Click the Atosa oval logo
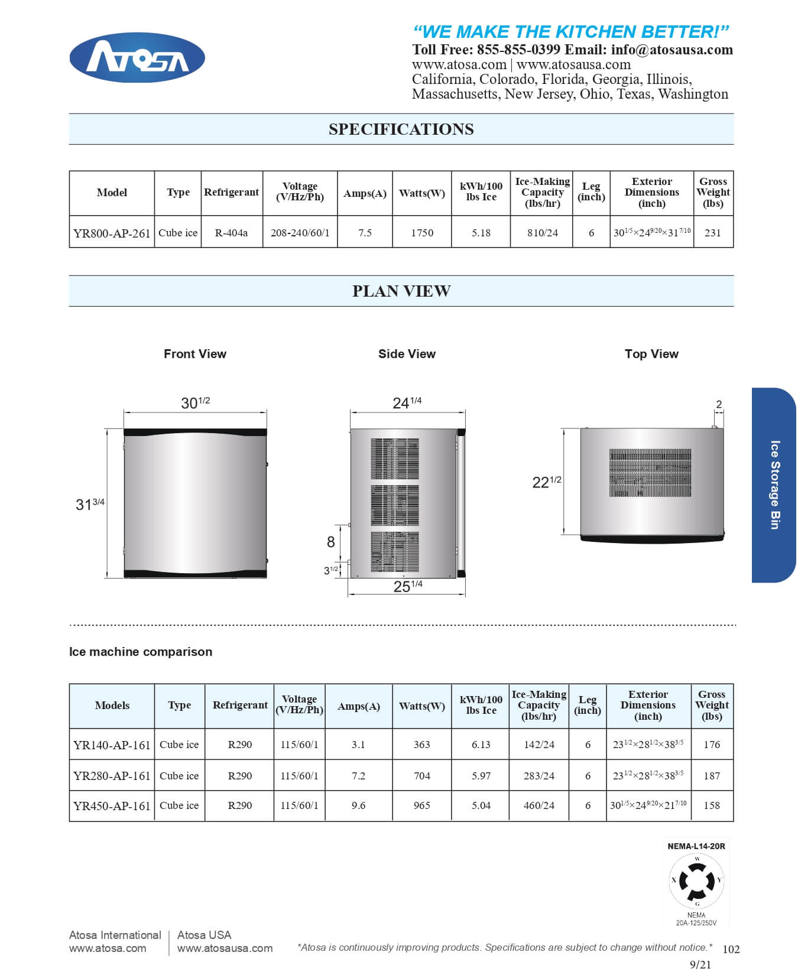(137, 58)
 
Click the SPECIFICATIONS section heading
(401, 129)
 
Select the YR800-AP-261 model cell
(112, 233)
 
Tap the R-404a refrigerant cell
(231, 233)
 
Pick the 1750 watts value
(422, 233)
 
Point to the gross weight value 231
(712, 233)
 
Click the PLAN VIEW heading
(401, 291)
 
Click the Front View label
(194, 354)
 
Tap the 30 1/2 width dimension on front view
(195, 402)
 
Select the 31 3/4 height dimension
(90, 504)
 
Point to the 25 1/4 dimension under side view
(408, 586)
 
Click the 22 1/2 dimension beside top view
(546, 482)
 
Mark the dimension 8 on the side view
(330, 542)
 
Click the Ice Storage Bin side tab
(774, 485)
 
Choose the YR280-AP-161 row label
(112, 776)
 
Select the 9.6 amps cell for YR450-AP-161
(358, 805)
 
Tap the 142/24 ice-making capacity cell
(539, 745)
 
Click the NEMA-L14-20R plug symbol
(696, 881)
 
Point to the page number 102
(731, 950)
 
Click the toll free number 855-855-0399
(518, 50)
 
